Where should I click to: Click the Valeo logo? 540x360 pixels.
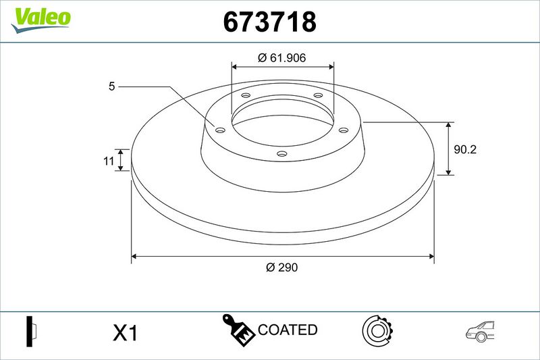tap(40, 20)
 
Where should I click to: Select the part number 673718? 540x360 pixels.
tap(269, 22)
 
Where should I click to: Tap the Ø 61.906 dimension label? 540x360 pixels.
tap(281, 57)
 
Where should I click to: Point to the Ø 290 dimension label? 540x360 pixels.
tap(281, 267)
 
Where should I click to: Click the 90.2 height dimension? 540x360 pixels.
tap(465, 149)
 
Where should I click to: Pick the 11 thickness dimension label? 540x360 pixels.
tap(109, 161)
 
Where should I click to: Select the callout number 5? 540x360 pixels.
tap(111, 86)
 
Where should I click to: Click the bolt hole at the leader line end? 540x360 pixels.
tap(220, 130)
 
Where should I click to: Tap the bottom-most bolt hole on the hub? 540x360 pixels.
tap(282, 153)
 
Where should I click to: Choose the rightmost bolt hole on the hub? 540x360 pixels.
tap(344, 130)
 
